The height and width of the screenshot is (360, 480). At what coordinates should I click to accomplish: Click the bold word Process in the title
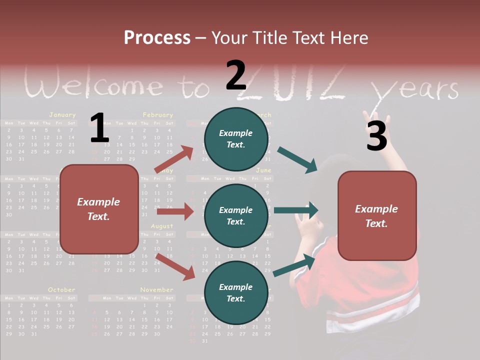157,38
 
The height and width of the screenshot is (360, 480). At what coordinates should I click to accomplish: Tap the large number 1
99,128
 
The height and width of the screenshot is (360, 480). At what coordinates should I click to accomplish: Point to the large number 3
376,136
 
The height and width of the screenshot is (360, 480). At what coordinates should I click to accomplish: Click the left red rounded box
99,209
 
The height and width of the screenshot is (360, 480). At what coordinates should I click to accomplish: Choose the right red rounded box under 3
377,215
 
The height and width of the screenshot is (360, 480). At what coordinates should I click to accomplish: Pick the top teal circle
236,139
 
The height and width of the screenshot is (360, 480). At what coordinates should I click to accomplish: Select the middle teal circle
236,215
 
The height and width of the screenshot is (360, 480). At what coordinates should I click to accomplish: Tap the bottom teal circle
236,292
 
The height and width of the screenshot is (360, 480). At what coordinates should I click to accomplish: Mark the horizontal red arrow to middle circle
175,211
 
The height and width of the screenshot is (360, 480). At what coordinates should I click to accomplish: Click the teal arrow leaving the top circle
297,160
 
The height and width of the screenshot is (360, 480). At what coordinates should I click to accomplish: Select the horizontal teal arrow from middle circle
295,210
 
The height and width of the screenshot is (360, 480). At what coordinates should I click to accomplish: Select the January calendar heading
62,115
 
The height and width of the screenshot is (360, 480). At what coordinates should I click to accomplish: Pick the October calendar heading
61,289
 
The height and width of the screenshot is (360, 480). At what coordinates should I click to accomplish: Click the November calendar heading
156,289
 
